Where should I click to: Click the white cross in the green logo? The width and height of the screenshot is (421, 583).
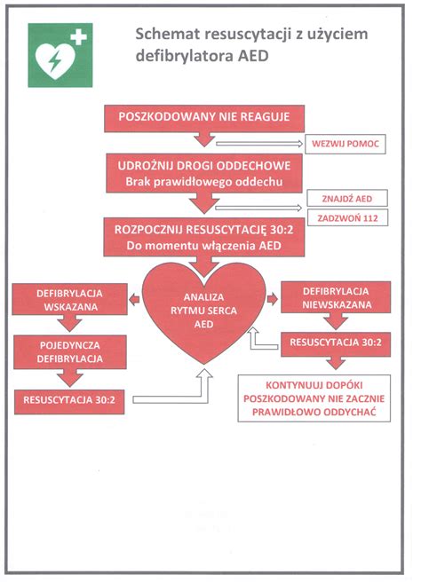pos(80,38)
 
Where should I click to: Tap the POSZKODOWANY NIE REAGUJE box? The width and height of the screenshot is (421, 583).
pos(204,118)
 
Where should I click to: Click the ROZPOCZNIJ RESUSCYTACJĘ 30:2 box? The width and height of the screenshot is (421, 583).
pos(204,234)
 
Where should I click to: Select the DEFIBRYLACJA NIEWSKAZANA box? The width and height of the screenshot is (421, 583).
pos(335,298)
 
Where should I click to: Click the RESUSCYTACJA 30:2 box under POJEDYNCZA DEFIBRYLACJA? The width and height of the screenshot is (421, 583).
pos(68,400)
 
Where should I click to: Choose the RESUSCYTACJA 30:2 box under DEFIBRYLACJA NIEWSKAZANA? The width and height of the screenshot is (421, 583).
pos(335,343)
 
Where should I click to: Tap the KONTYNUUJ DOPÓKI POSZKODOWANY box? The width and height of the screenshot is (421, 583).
pos(315,398)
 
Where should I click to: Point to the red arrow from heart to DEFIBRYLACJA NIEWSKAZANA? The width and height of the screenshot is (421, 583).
pos(274,299)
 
